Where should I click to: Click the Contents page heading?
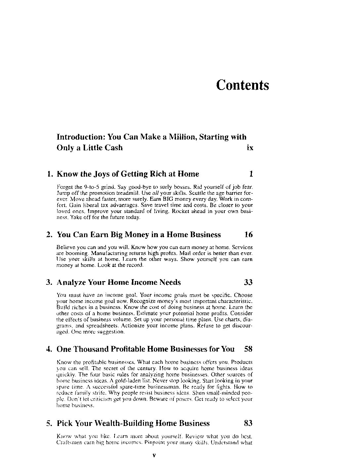242,85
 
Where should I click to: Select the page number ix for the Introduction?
250,148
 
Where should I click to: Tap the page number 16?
248,235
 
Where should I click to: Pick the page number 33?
248,282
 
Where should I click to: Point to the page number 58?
248,349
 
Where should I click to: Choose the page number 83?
248,423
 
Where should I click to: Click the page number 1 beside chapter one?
251,174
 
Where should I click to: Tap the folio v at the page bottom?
154,455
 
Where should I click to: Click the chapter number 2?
50,235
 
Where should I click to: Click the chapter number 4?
50,349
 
